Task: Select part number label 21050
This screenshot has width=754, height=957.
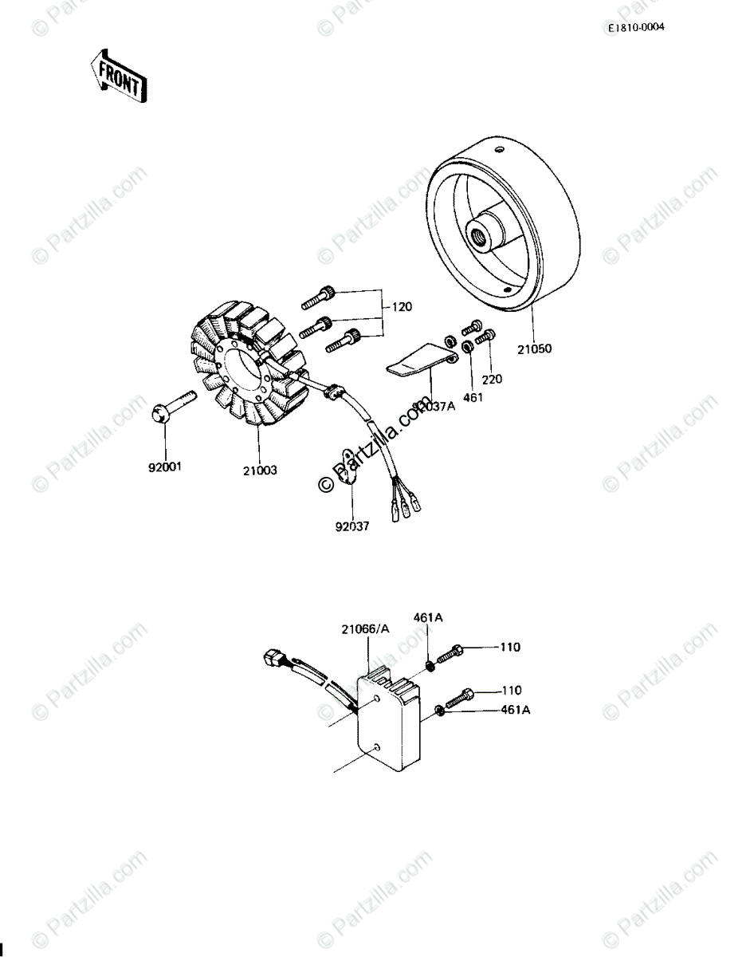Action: tap(534, 348)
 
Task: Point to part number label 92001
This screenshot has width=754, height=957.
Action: tap(165, 467)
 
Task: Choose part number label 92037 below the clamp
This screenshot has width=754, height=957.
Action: tap(351, 526)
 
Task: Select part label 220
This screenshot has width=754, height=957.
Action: tap(492, 380)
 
